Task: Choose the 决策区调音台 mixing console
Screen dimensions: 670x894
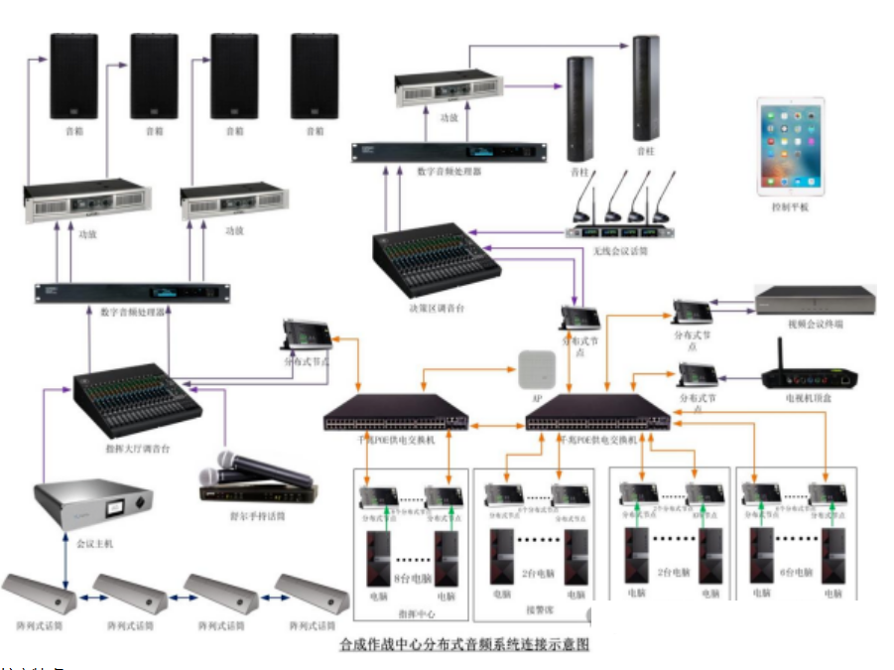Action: (436, 265)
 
